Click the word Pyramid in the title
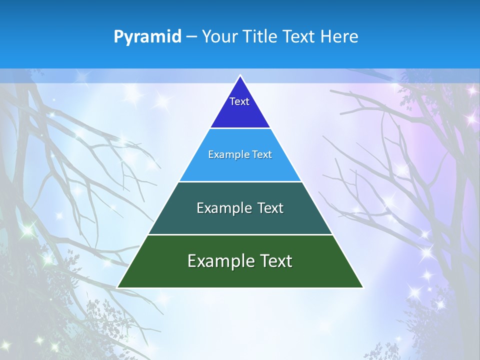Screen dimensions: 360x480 [147, 36]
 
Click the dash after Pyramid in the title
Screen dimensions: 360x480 [191, 37]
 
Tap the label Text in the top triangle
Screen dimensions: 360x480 [239, 101]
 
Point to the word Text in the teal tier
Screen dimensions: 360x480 [269, 208]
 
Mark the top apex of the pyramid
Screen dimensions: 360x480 [240, 76]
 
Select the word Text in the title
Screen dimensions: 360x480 [300, 36]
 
